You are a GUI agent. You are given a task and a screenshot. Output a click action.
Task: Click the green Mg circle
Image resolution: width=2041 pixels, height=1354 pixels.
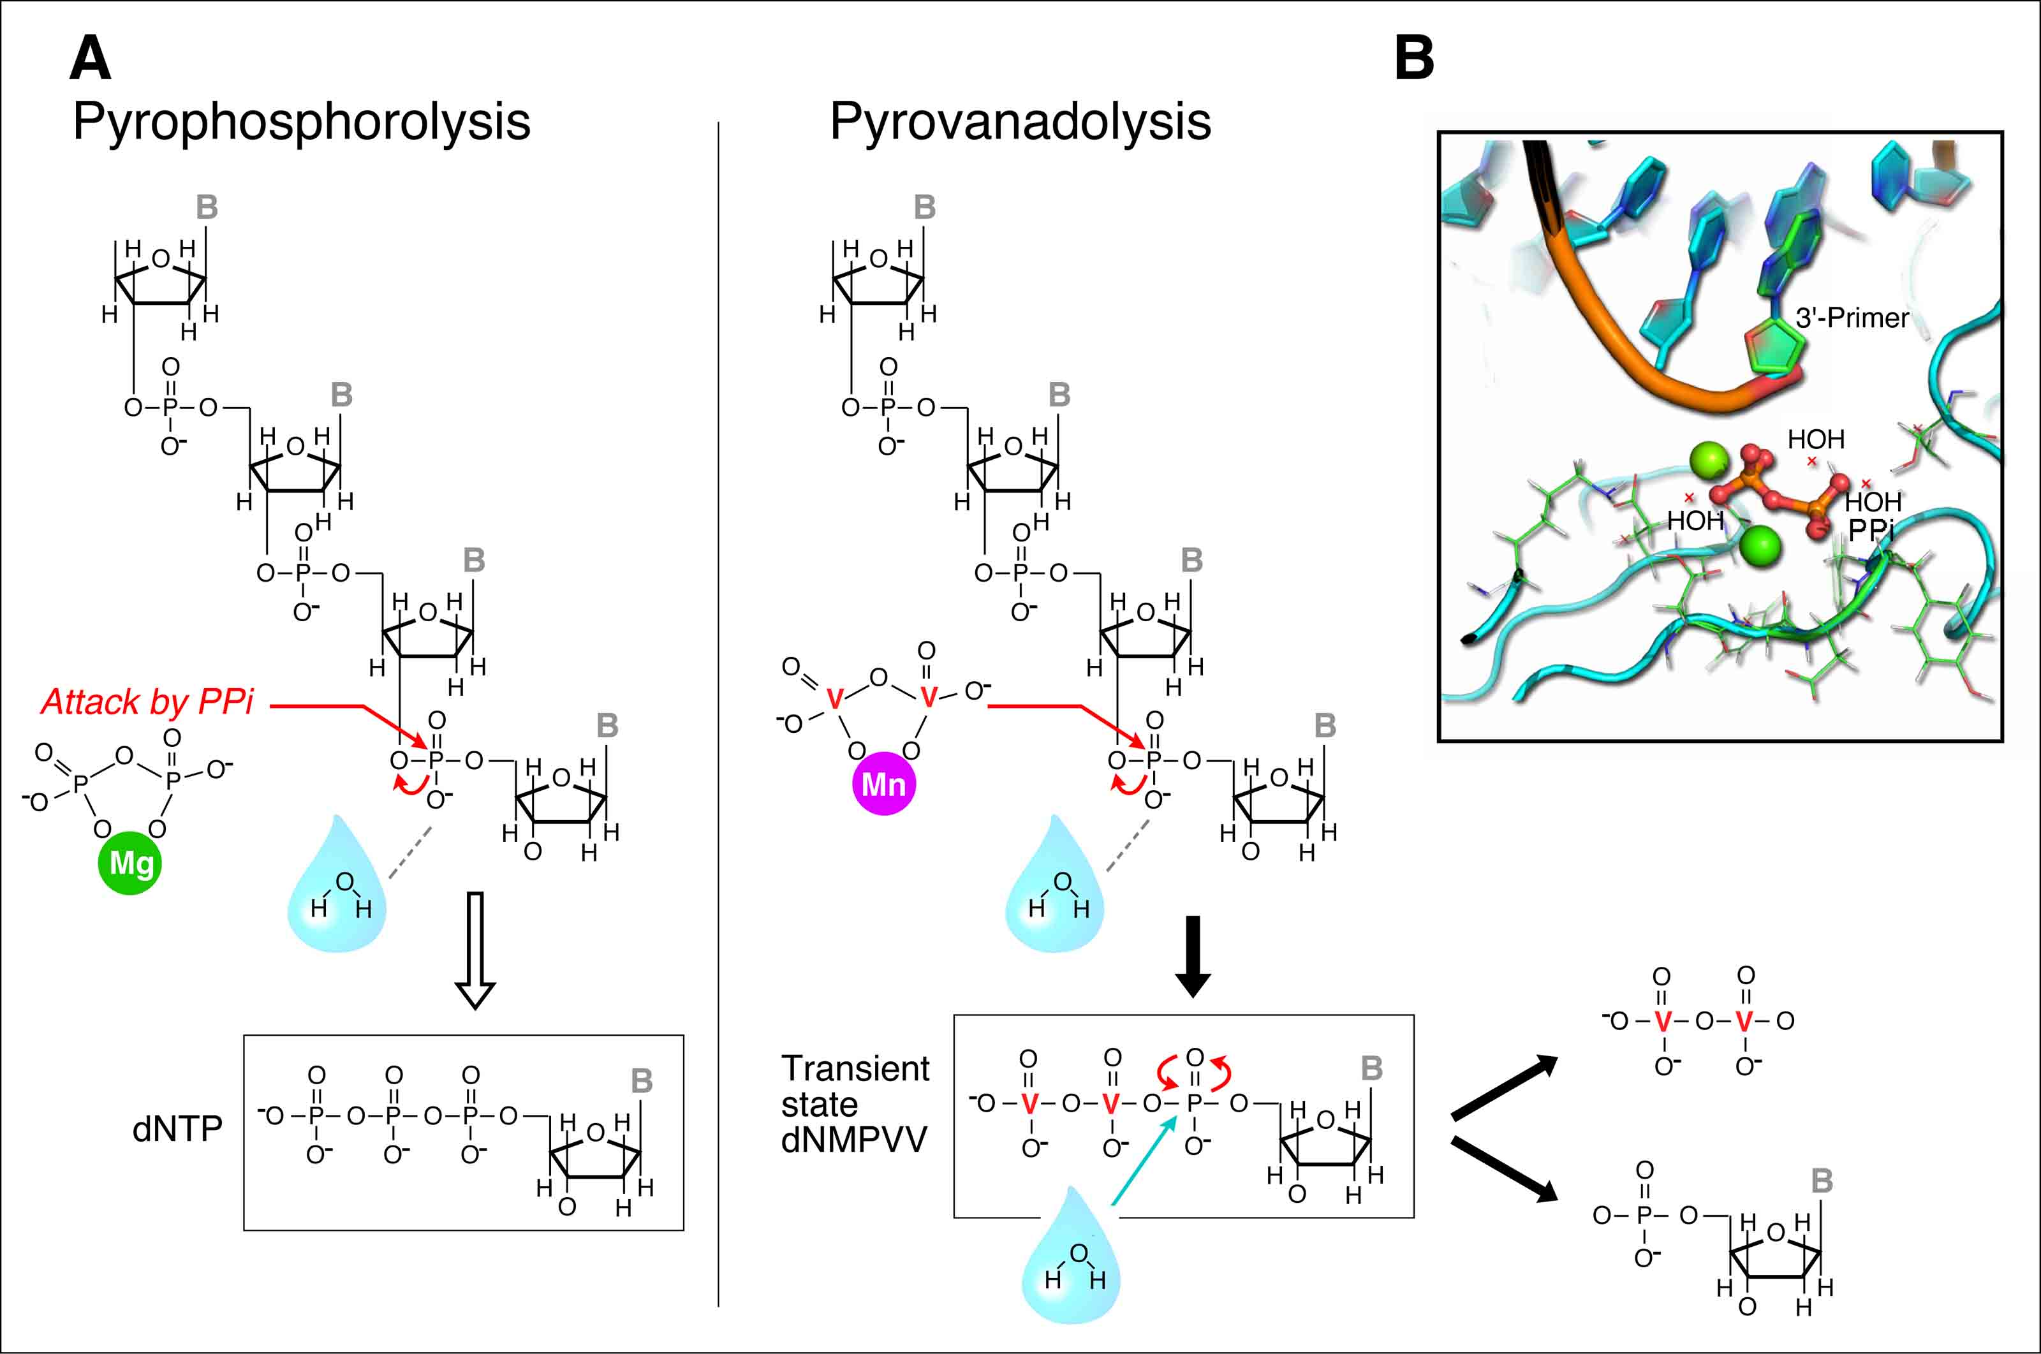pos(130,864)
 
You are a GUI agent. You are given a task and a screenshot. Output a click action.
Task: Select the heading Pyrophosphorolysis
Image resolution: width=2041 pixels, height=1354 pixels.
pos(301,121)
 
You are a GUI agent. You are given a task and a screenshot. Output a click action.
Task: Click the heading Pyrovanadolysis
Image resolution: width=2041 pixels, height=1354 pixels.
pos(1020,121)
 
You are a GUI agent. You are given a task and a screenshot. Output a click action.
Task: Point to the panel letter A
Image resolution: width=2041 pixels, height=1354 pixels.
pos(90,58)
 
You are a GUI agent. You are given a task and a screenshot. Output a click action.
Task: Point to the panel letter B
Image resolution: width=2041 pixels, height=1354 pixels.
pos(1414,58)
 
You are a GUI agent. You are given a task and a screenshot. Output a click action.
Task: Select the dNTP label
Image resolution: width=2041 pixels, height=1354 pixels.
pos(177,1129)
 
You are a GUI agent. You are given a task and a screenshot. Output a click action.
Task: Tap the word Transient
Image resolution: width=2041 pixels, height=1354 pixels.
pos(855,1069)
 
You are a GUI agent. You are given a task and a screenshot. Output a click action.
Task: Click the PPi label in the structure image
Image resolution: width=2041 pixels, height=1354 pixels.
pos(1870,530)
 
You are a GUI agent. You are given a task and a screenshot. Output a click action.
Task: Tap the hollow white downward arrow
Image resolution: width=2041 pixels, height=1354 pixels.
pos(475,950)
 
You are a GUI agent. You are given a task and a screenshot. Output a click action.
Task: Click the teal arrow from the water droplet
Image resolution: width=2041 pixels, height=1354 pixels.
pos(1144,1159)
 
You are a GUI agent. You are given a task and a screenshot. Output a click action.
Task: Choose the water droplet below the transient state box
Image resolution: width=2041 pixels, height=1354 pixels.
pos(1071,1256)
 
